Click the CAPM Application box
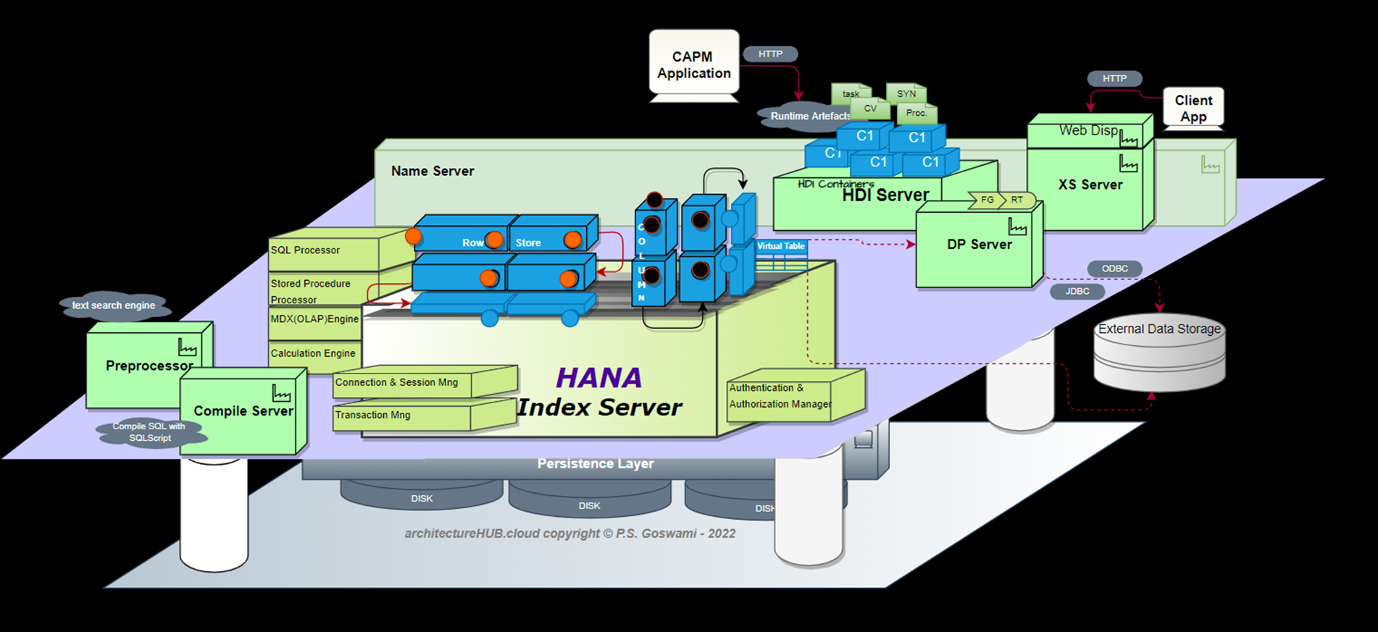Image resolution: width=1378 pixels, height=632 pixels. (693, 64)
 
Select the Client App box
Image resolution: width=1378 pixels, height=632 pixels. (1193, 108)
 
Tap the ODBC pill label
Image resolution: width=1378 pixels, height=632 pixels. (1114, 269)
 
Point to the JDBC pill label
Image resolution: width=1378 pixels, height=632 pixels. (1077, 291)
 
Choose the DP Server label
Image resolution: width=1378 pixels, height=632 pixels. (979, 245)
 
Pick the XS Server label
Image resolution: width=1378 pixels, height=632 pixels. (1090, 185)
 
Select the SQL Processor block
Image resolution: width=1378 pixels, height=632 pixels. (323, 250)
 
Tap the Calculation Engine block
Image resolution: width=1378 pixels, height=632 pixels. (313, 353)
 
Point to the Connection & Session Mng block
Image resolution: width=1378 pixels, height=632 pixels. (402, 382)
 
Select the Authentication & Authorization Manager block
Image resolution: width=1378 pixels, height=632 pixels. (780, 397)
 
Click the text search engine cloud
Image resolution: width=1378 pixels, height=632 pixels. (114, 306)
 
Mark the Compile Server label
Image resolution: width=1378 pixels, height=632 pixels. (243, 411)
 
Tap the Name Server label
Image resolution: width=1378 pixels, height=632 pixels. (433, 172)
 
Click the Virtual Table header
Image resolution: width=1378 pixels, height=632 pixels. (780, 246)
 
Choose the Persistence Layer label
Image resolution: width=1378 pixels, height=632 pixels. (595, 464)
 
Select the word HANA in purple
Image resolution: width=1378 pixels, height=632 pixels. (598, 378)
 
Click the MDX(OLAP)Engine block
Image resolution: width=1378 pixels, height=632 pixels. (314, 319)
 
